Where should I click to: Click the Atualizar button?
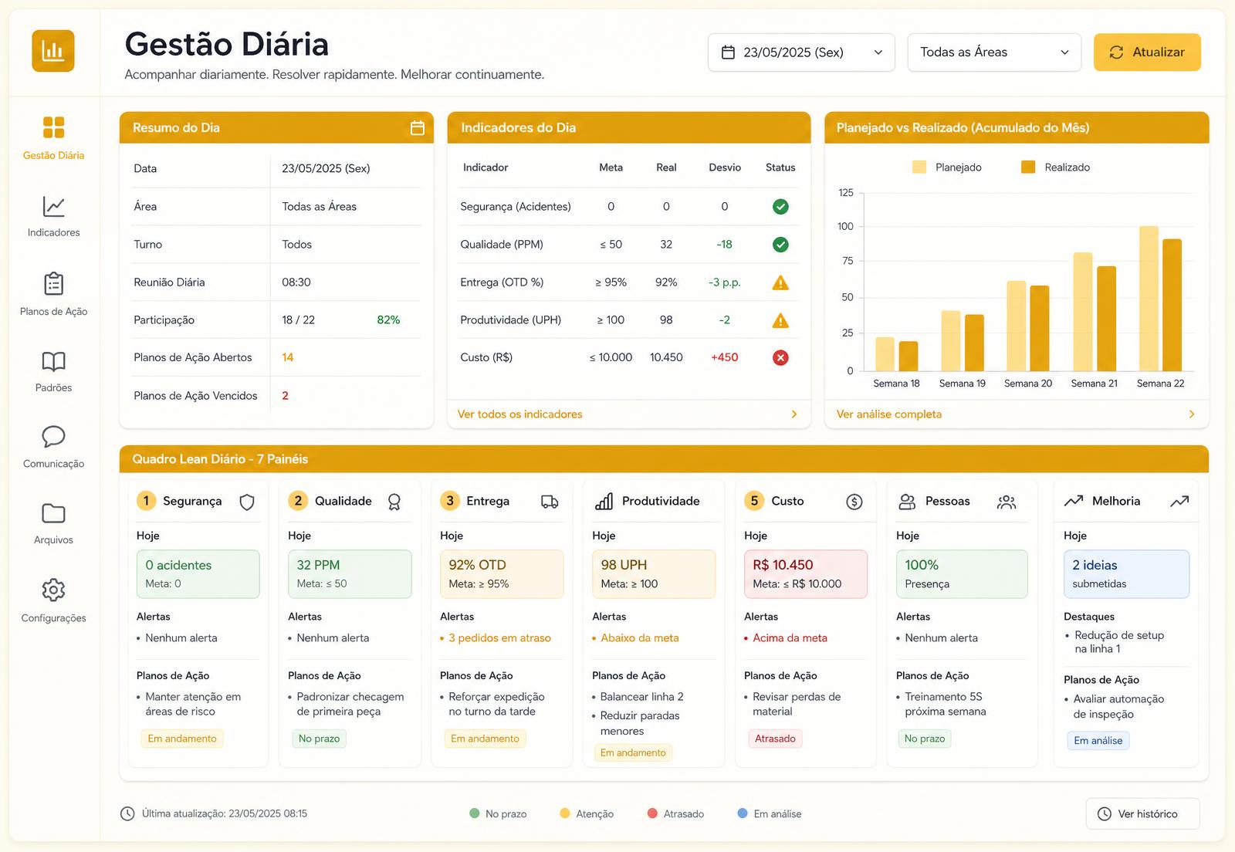tap(1147, 52)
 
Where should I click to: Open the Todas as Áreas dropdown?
tap(994, 52)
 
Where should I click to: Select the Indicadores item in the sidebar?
tap(53, 217)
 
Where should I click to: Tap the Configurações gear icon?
tap(53, 590)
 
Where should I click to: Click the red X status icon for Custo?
tap(780, 357)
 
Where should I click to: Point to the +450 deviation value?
tap(724, 357)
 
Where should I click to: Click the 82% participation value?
tap(388, 319)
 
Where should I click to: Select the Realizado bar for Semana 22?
tap(1172, 305)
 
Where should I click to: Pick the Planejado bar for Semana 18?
tap(885, 354)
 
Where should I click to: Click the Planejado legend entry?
tap(946, 167)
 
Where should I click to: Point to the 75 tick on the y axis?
tap(848, 261)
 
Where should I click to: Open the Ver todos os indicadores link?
tap(519, 414)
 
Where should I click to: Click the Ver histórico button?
tap(1142, 813)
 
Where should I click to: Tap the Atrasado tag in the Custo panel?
tap(775, 739)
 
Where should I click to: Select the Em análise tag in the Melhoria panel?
tap(1098, 740)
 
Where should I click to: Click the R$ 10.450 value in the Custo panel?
tap(783, 565)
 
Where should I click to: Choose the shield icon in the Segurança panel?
tap(246, 502)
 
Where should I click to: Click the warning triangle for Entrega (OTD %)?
tap(780, 282)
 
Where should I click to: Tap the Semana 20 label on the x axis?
tap(1027, 383)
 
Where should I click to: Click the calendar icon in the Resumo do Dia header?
tap(418, 128)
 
